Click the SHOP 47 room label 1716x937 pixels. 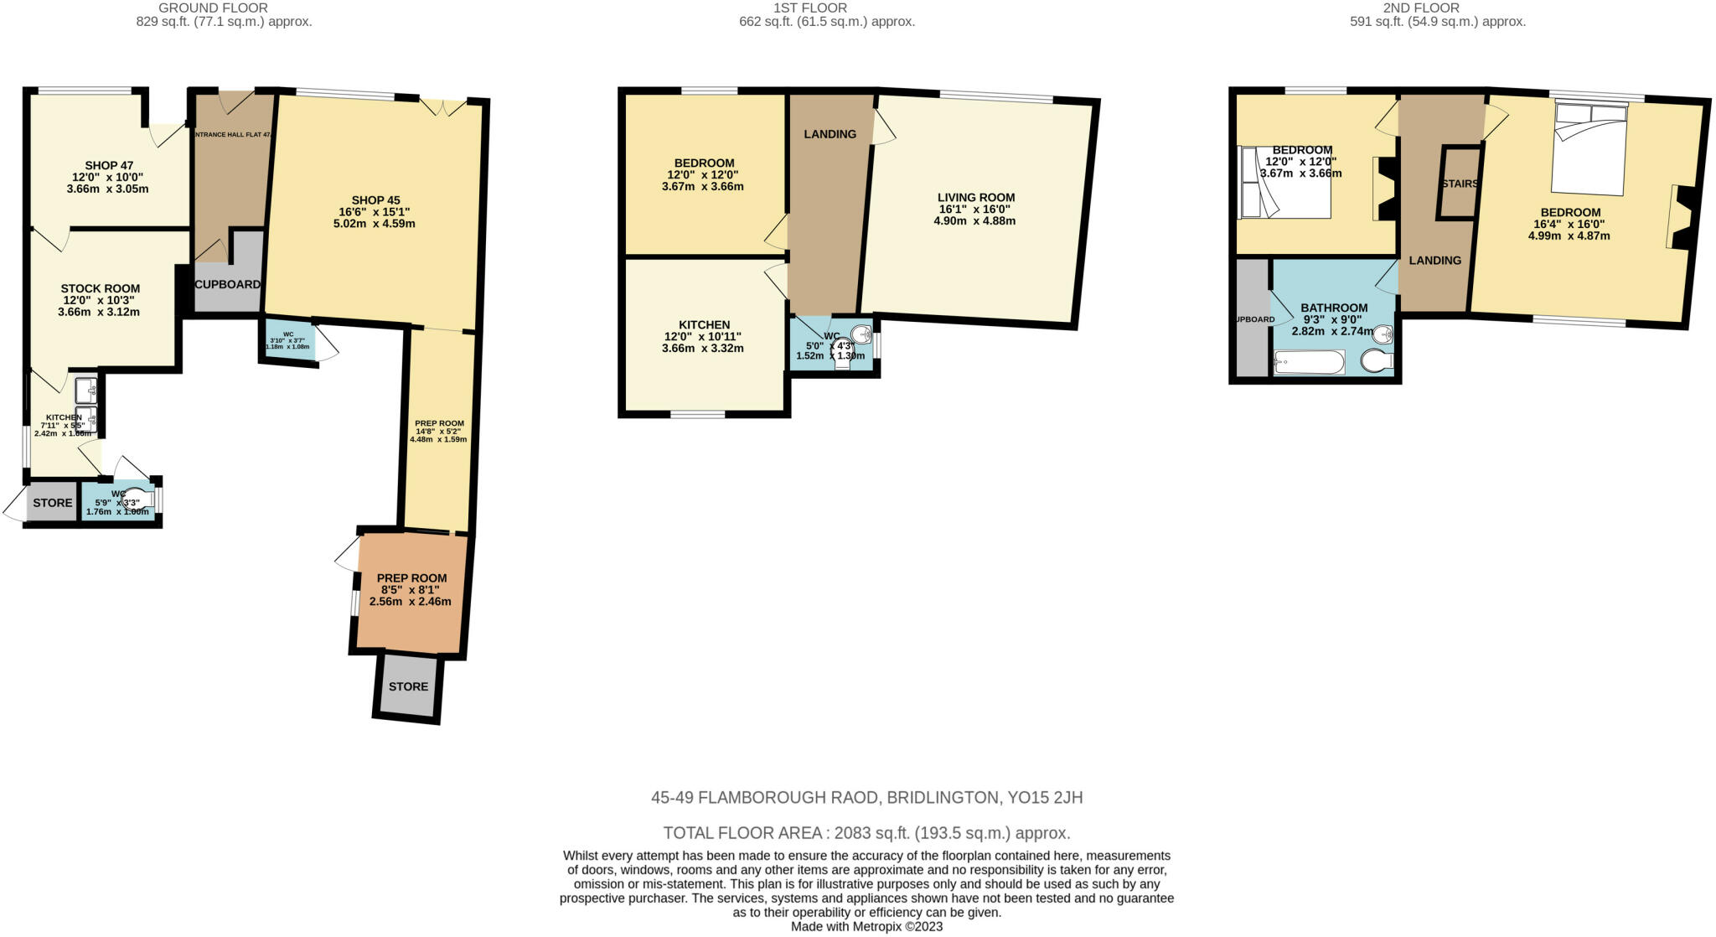point(109,166)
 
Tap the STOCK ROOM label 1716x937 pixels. point(100,288)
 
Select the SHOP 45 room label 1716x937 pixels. point(375,200)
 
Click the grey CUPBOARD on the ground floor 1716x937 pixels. point(227,285)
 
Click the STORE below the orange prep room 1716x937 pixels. point(408,686)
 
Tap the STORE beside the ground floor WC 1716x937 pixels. point(53,503)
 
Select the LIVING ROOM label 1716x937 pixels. point(975,198)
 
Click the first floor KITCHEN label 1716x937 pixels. point(704,325)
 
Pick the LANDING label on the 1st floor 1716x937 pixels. point(830,134)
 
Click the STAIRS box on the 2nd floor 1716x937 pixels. point(1459,184)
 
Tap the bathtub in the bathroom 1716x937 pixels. point(1309,363)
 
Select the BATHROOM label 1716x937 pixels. point(1334,308)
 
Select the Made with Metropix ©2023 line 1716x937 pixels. point(866,927)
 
